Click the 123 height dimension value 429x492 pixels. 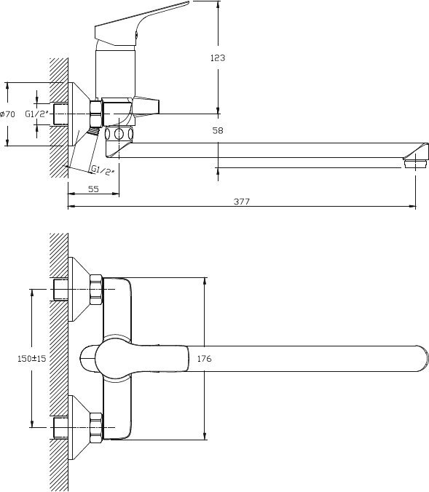click(218, 57)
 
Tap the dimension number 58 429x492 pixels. click(218, 130)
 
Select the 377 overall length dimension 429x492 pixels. click(242, 202)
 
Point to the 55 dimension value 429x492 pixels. click(93, 189)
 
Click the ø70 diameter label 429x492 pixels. click(7, 114)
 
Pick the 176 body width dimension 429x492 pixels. click(205, 358)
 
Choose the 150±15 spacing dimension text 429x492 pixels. click(32, 358)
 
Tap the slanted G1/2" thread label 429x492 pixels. click(103, 171)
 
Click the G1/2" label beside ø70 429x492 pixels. click(37, 114)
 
